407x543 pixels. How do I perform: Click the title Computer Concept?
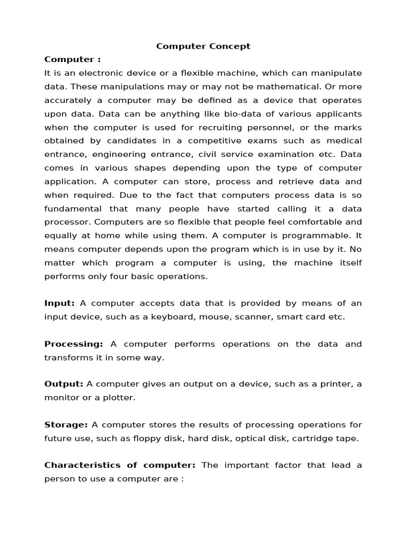(x=203, y=46)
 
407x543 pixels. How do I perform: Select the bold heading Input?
(x=60, y=303)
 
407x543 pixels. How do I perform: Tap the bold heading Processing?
(x=73, y=344)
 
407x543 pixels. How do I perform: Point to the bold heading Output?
(x=64, y=384)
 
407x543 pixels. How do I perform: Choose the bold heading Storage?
(x=66, y=425)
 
